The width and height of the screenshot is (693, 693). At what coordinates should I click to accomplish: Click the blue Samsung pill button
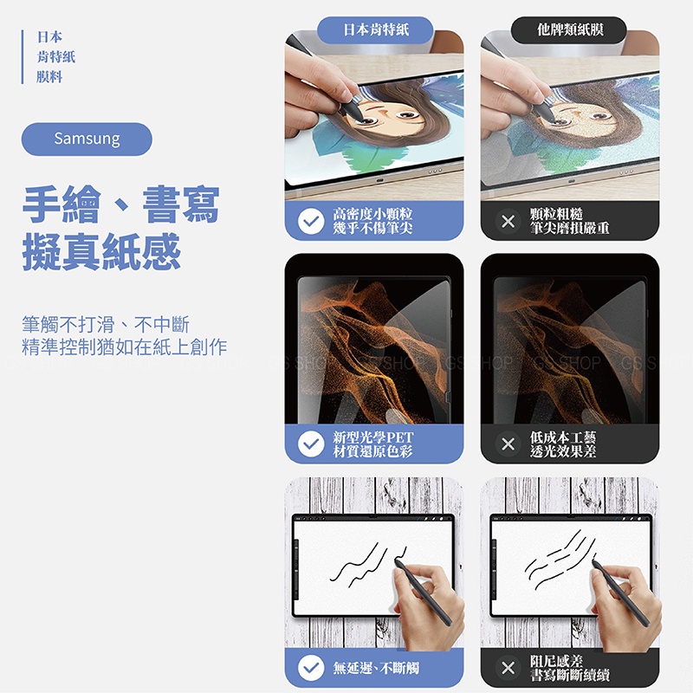click(87, 139)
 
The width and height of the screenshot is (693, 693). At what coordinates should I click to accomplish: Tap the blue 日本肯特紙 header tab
click(375, 30)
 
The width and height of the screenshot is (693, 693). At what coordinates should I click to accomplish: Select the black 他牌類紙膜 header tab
click(569, 30)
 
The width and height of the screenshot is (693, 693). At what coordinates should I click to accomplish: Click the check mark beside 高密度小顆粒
click(311, 221)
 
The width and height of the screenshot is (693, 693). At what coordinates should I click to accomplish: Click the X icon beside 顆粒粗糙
click(508, 221)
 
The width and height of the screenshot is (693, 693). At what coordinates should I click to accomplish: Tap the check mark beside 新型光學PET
click(311, 444)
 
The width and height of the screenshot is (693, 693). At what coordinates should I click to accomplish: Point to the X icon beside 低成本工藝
click(508, 444)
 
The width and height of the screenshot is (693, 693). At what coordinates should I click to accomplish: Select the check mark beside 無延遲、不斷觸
click(311, 667)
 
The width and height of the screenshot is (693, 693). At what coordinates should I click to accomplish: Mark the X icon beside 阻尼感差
click(508, 667)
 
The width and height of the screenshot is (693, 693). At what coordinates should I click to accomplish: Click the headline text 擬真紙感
click(101, 252)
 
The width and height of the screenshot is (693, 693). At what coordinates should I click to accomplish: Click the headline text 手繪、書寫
click(121, 204)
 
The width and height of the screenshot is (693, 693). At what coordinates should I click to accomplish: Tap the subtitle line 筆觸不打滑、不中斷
click(106, 324)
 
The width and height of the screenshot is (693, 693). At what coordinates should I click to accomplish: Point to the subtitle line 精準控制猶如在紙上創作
click(124, 347)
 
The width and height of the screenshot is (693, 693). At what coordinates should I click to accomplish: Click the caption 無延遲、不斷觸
click(376, 668)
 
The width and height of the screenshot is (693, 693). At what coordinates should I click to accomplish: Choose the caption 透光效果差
click(563, 450)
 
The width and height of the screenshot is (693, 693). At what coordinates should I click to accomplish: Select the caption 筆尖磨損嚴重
click(570, 228)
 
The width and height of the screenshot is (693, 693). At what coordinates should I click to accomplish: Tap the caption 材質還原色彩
click(372, 451)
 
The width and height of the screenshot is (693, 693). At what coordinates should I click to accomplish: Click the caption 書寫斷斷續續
click(570, 675)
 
